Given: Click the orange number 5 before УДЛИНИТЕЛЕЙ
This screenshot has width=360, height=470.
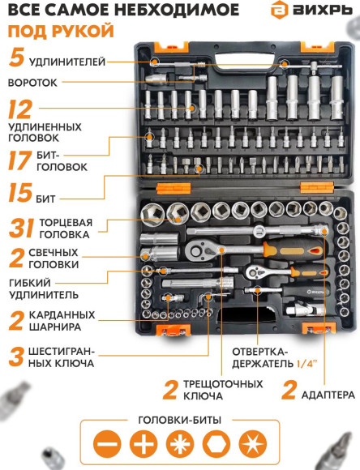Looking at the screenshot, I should coord(15,59).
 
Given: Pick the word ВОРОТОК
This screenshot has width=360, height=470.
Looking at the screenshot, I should coord(32,83).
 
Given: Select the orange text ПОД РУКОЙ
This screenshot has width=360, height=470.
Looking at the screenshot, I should coord(61,32).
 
